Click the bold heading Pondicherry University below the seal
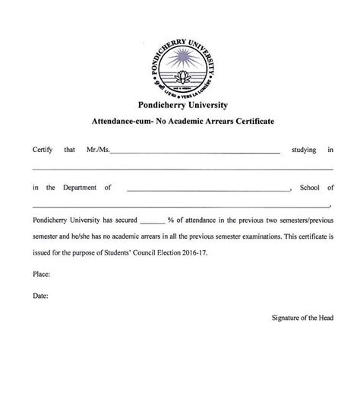pos(180,105)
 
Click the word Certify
pos(43,150)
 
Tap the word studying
pos(305,150)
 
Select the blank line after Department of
pos(209,189)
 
